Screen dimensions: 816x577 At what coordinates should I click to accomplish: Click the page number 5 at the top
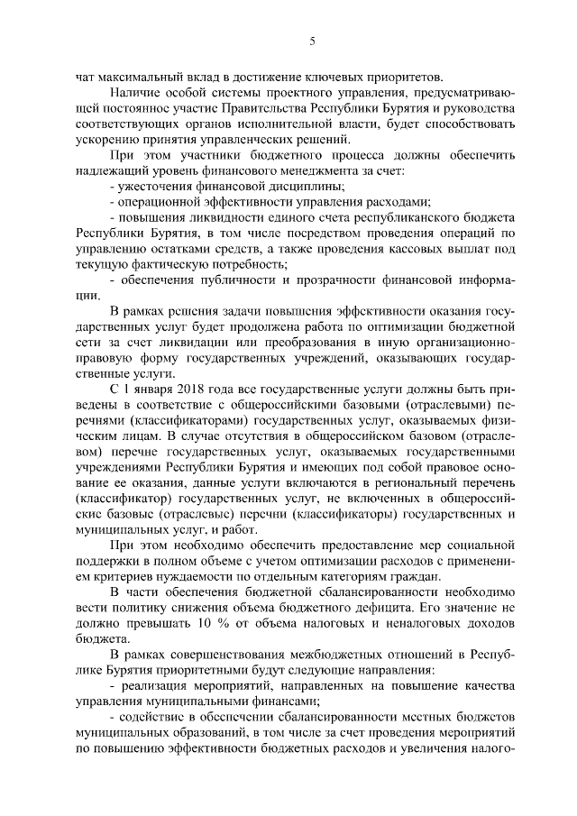(x=311, y=41)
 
